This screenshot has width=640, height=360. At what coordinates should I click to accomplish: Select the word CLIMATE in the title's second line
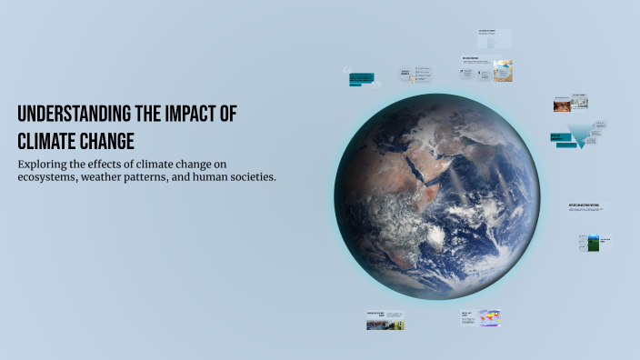coord(50,141)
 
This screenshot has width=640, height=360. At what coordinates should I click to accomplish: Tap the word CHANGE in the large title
coord(110,141)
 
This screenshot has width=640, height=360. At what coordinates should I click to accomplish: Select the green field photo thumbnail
coord(593,243)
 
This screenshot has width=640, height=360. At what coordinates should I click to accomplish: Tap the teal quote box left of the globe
coord(361,78)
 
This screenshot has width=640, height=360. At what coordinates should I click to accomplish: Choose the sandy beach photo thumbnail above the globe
coord(503,71)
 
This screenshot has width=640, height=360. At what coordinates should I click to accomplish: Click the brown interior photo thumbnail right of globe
coord(565,105)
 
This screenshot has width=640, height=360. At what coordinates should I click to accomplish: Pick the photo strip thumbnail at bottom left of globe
coord(385,323)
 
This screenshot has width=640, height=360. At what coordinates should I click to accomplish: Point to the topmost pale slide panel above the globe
coord(494,37)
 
